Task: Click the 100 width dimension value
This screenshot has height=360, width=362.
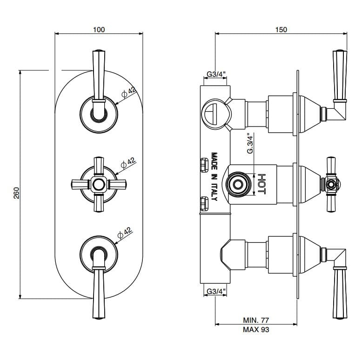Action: coord(99,29)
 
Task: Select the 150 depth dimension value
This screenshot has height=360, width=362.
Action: coord(281,29)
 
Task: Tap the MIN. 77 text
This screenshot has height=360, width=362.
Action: coord(256,320)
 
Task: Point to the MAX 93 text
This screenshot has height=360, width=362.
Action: coord(256,330)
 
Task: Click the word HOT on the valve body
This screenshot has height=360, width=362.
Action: coord(261,184)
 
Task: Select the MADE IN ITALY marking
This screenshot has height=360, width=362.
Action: coord(215,177)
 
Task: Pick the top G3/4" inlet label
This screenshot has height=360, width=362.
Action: coord(215,74)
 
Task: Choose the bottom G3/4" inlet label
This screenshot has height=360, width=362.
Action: coord(215,292)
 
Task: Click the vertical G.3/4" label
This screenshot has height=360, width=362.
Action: coord(250,145)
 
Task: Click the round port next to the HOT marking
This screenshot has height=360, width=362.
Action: coord(237,184)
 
